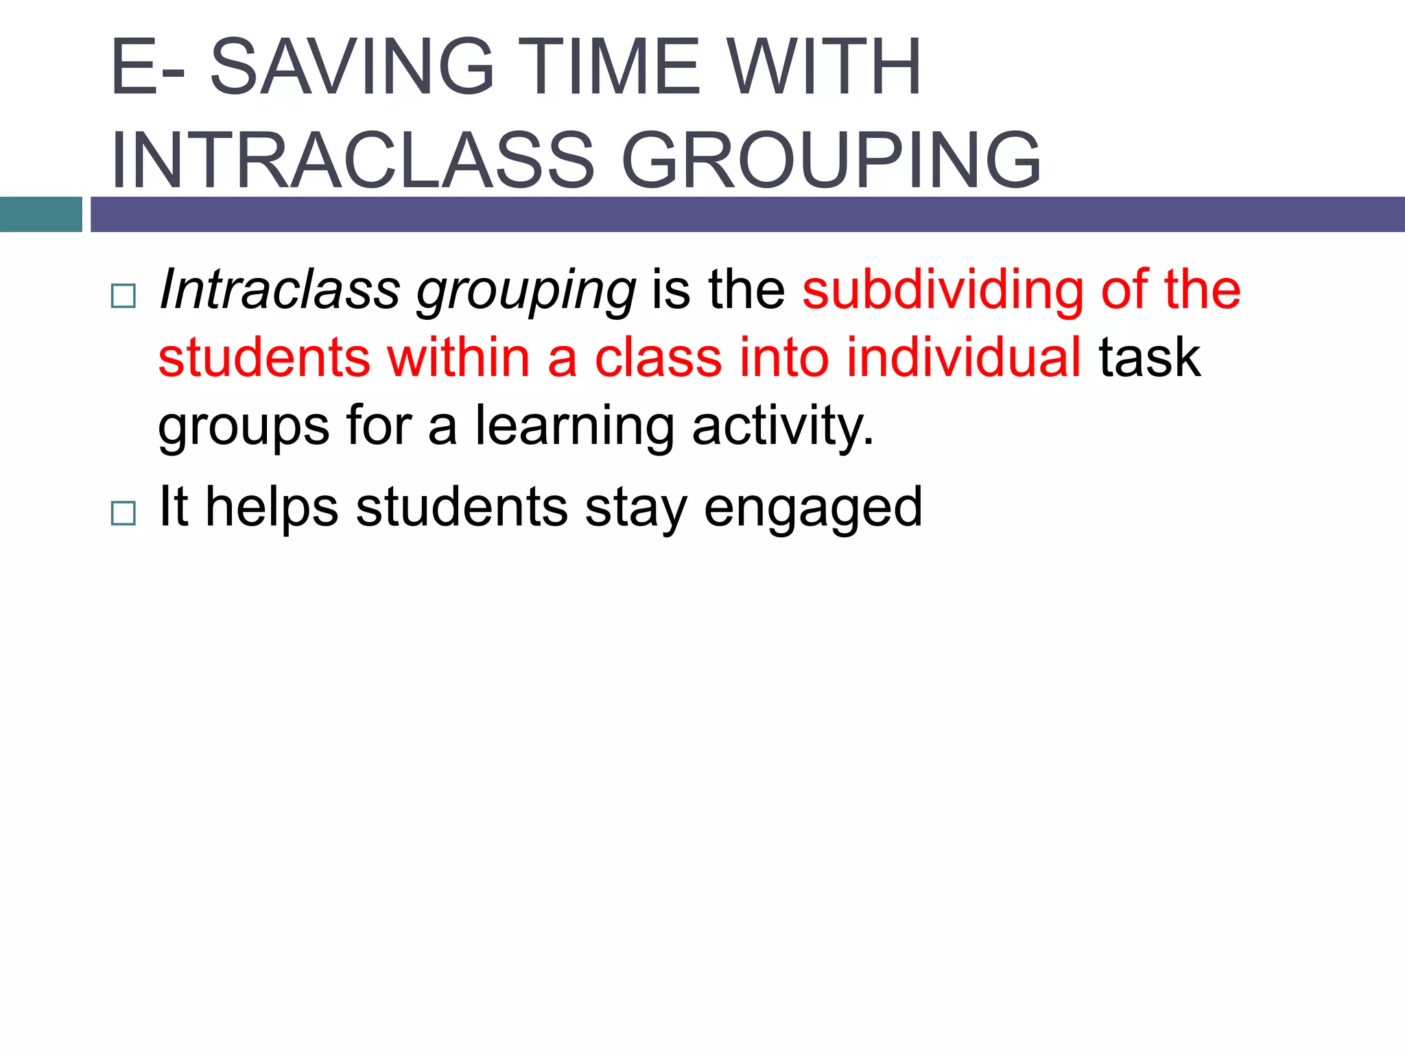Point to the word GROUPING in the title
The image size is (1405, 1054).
coord(831,161)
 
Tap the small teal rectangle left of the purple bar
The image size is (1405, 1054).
coord(40,214)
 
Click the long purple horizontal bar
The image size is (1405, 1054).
coord(747,214)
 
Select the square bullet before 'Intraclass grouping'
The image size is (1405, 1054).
coord(123,296)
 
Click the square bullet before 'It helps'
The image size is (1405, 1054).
coord(123,513)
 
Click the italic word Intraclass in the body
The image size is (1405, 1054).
coord(279,289)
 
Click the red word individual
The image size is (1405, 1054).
coord(963,358)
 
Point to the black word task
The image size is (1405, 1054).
coord(1150,358)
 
